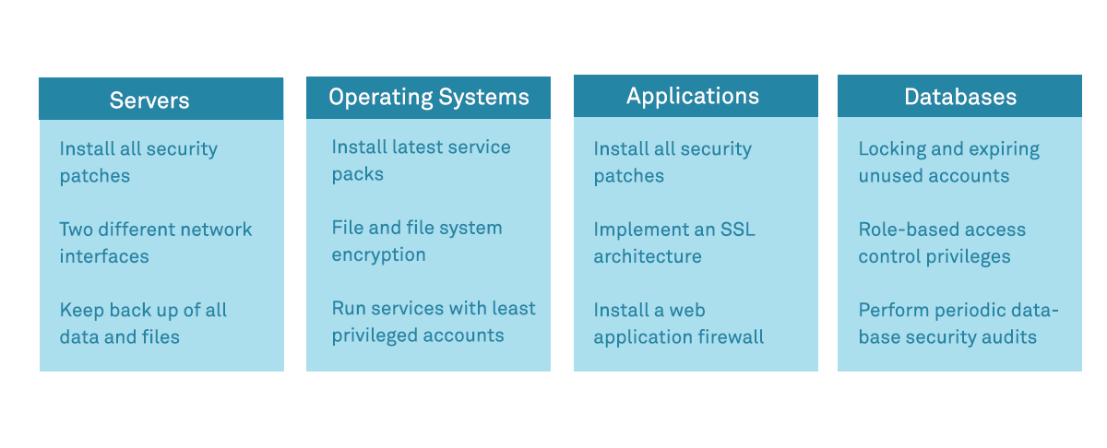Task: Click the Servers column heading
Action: pyautogui.click(x=149, y=100)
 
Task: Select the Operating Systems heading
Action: pyautogui.click(x=429, y=97)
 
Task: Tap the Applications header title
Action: pyautogui.click(x=693, y=96)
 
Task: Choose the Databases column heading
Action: pyautogui.click(x=960, y=97)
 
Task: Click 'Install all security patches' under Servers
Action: pyautogui.click(x=138, y=162)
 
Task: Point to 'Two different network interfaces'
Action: pyautogui.click(x=155, y=242)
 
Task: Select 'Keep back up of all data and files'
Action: pyautogui.click(x=143, y=324)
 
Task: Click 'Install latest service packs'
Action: pyautogui.click(x=421, y=160)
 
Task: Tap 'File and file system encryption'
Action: pyautogui.click(x=417, y=241)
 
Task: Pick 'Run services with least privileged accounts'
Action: pyautogui.click(x=434, y=322)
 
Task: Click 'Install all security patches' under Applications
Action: pyautogui.click(x=673, y=162)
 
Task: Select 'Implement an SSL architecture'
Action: pyautogui.click(x=674, y=242)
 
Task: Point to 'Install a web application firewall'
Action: pyautogui.click(x=678, y=324)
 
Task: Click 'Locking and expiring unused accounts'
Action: pyautogui.click(x=948, y=162)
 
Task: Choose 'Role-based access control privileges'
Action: pyautogui.click(x=942, y=242)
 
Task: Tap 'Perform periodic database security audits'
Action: pyautogui.click(x=958, y=324)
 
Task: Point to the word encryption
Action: pyautogui.click(x=378, y=254)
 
